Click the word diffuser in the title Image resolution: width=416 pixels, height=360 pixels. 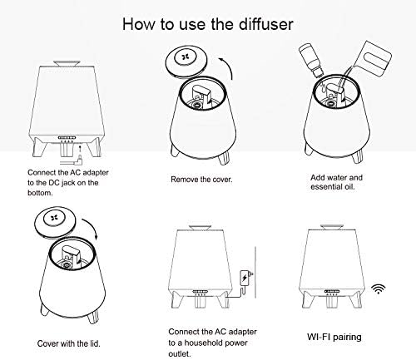tap(266, 24)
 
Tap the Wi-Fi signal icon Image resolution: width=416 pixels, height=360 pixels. tap(379, 288)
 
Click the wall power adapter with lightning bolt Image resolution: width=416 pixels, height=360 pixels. tap(246, 277)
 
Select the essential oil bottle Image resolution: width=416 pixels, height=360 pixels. tap(311, 61)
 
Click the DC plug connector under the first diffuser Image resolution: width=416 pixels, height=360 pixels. tap(72, 161)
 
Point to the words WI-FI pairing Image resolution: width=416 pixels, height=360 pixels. tap(334, 338)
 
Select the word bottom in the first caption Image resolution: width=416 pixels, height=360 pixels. tap(40, 193)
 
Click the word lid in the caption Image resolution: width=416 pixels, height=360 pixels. tap(94, 343)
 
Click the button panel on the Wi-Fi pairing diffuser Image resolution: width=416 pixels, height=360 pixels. tap(332, 291)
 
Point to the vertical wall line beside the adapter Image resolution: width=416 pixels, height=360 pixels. tap(255, 272)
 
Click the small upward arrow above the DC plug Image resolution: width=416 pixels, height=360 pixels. tap(80, 150)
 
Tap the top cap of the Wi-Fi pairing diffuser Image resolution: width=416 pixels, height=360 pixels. tap(331, 227)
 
